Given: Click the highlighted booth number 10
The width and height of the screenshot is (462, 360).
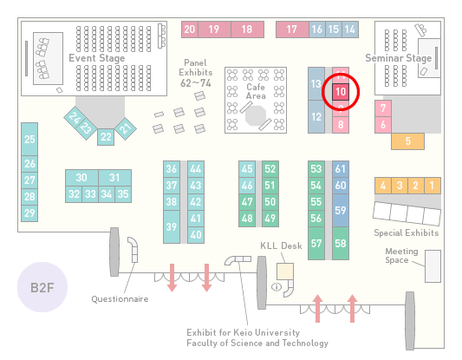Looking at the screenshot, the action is point(341,92).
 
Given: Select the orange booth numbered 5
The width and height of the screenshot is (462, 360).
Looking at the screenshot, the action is point(407,141).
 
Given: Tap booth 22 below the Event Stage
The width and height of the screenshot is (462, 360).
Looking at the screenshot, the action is point(106,137).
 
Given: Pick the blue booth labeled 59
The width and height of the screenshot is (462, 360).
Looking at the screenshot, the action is point(341,210).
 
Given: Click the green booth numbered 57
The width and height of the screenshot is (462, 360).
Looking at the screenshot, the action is point(316,243).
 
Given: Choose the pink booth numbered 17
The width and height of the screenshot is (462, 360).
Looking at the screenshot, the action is point(292,29).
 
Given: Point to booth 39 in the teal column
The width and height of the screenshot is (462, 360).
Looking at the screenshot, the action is point(172,226).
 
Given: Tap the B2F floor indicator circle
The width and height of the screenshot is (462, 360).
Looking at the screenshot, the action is point(42,287).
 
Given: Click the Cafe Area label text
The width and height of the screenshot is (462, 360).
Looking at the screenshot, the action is point(256,91).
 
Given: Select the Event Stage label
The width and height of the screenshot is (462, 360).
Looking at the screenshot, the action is point(96,58).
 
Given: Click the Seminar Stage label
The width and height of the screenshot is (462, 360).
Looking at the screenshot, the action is point(399,58).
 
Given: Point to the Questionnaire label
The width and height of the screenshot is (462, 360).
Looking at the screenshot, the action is point(120,299).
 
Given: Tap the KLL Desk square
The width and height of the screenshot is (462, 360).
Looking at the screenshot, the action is point(285,272).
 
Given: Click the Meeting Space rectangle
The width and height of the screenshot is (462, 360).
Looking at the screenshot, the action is point(433,266).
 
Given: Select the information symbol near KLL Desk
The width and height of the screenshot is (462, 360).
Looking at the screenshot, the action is point(277,286).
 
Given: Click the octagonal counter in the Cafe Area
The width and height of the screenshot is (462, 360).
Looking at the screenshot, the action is point(256,116).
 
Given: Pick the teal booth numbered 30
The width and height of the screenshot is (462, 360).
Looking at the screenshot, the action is point(81,178).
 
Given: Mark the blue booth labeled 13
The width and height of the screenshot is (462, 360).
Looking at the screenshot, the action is point(316,84).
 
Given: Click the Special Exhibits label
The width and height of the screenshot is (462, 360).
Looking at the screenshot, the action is point(407,233).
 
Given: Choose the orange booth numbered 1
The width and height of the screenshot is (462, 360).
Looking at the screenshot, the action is point(433,186).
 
